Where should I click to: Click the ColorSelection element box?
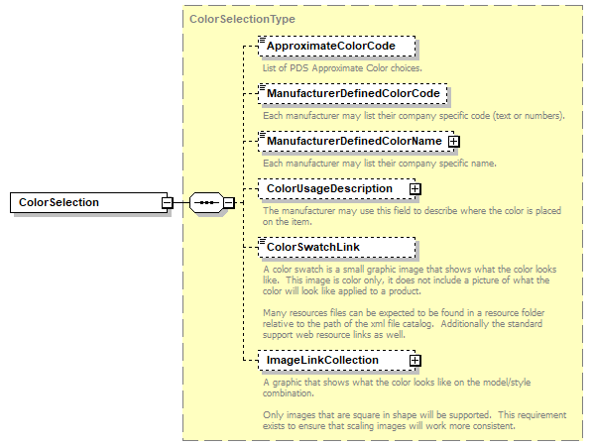pyautogui.click(x=86, y=202)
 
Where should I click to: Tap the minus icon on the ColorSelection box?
pyautogui.click(x=168, y=203)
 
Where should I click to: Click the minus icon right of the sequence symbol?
pyautogui.click(x=228, y=203)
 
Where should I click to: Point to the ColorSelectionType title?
pyautogui.click(x=241, y=18)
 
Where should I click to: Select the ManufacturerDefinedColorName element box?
pyautogui.click(x=352, y=142)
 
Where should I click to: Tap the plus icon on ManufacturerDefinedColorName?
pyautogui.click(x=454, y=142)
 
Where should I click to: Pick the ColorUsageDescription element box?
pyautogui.click(x=331, y=188)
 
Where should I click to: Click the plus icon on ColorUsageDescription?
pyautogui.click(x=415, y=188)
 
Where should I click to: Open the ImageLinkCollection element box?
pyautogui.click(x=331, y=360)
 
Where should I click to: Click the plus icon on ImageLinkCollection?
pyautogui.click(x=415, y=360)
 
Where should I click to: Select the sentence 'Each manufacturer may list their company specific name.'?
pyautogui.click(x=379, y=163)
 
